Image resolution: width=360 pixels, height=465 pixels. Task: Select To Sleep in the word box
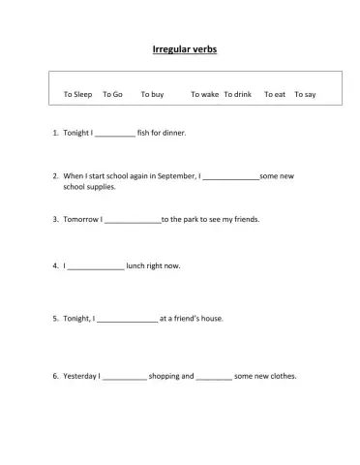[77, 94]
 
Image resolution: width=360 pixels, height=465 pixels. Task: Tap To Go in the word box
[112, 94]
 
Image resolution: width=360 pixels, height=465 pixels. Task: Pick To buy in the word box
[152, 94]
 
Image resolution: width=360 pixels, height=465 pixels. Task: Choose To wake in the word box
[204, 94]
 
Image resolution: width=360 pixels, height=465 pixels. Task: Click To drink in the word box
[238, 94]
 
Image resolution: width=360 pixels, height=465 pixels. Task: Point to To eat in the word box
[275, 94]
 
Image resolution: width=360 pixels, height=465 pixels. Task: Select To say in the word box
[305, 94]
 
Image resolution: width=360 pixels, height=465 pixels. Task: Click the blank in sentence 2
[231, 178]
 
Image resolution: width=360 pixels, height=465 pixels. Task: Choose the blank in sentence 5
[127, 319]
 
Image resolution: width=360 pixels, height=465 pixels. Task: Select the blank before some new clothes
[214, 377]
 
